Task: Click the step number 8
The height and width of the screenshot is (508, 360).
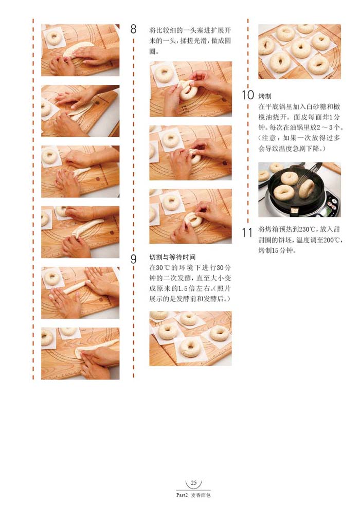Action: pos(133,29)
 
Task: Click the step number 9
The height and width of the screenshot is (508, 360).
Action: pos(133,259)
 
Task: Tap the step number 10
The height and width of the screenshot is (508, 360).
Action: pos(248,95)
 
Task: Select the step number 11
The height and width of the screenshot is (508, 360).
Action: pos(247,232)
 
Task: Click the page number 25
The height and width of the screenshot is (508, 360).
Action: pos(193,483)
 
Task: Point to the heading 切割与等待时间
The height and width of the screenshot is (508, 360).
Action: pos(172,257)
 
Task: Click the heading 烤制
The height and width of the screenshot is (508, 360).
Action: pos(265,96)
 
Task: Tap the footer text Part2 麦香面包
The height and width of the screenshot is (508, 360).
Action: pos(193,495)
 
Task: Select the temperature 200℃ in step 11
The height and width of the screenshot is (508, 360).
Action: pos(332,240)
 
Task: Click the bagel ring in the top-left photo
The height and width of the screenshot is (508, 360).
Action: pos(53,38)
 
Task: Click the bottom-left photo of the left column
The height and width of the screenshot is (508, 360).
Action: pos(80,353)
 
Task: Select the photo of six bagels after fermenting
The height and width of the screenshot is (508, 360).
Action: pos(299,51)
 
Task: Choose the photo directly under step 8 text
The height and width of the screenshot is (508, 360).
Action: pos(190,89)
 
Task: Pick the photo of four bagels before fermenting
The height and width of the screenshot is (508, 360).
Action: pos(190,338)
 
